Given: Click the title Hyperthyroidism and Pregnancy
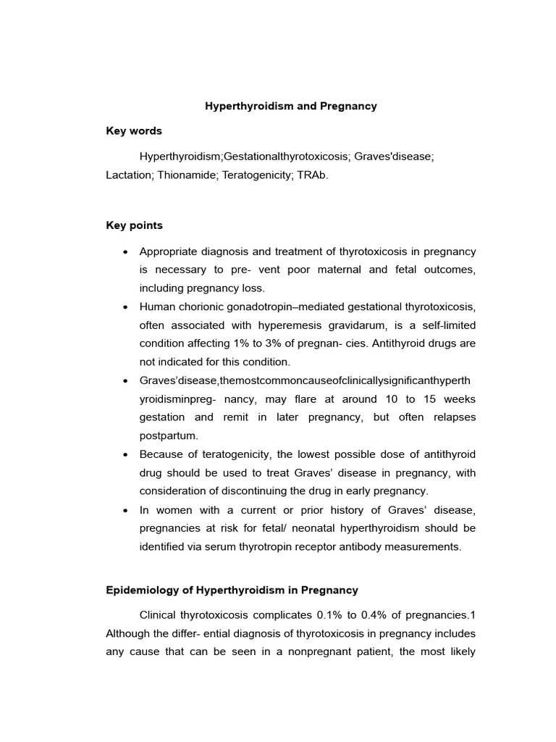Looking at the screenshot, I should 291,106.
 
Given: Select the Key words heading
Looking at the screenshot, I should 134,131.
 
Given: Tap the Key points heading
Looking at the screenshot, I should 134,225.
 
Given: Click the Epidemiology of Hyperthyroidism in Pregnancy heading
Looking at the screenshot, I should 232,591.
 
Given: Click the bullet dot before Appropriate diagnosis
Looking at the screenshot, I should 126,251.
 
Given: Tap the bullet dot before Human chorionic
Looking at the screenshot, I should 126,307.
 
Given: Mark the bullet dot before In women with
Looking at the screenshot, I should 126,509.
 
